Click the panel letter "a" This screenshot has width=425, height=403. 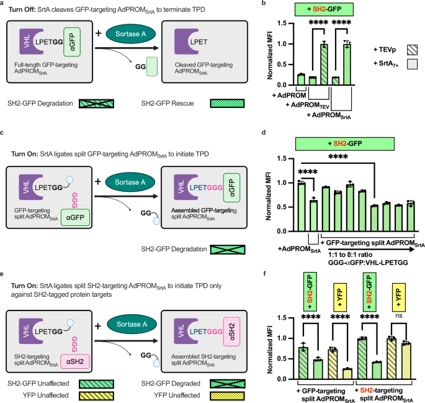[x=2, y=4]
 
